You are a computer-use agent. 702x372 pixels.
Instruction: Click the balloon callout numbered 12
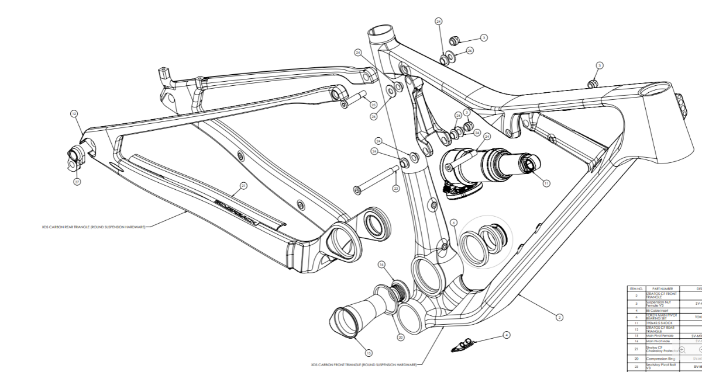click(74, 114)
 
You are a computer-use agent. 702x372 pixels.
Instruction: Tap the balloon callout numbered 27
click(77, 182)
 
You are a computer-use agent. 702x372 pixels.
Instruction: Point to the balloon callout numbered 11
click(546, 183)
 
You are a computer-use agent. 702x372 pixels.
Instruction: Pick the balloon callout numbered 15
click(367, 352)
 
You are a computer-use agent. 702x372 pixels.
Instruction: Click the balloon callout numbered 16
click(381, 265)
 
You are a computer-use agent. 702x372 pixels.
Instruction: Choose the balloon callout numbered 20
click(400, 337)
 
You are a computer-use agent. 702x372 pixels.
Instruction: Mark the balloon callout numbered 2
click(559, 317)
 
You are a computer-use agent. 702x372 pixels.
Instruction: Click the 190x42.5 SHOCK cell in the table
click(661, 322)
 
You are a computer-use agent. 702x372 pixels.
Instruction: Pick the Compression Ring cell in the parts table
click(661, 358)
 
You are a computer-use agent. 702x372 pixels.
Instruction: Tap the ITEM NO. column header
click(636, 288)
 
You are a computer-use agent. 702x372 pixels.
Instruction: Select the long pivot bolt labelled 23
click(374, 179)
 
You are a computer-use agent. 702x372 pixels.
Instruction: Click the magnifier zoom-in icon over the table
click(682, 349)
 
